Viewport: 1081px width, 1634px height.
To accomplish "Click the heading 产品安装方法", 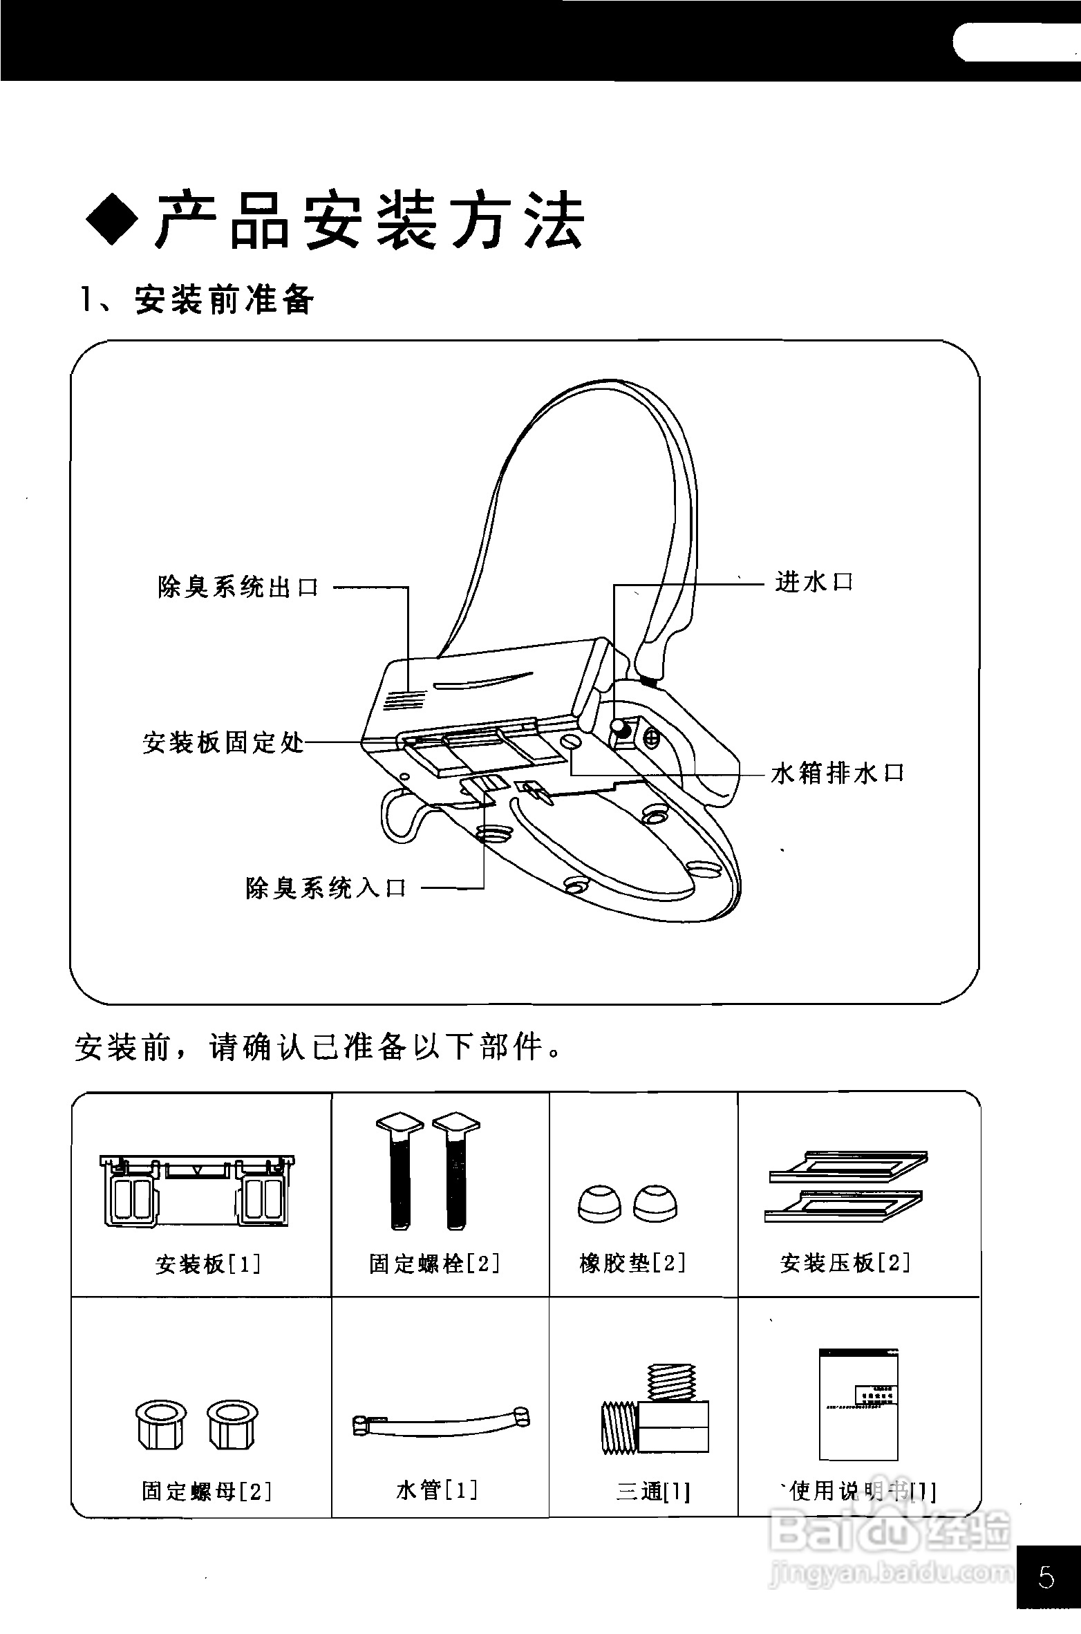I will [x=370, y=220].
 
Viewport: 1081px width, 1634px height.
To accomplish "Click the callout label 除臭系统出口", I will [x=238, y=588].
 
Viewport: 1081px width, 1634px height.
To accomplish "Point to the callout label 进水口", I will [x=814, y=582].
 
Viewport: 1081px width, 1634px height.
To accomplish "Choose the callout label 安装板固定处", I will [x=223, y=743].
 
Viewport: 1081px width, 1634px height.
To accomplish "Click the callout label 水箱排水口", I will [x=838, y=773].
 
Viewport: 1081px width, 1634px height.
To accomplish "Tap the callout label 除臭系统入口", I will [x=326, y=888].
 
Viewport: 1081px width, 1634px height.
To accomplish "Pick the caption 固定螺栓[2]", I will [x=434, y=1264].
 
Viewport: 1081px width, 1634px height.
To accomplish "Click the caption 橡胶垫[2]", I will [x=632, y=1264].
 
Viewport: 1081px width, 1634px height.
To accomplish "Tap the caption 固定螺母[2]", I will [x=207, y=1491].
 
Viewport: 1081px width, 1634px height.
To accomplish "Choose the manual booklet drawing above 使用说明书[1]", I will [x=858, y=1404].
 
